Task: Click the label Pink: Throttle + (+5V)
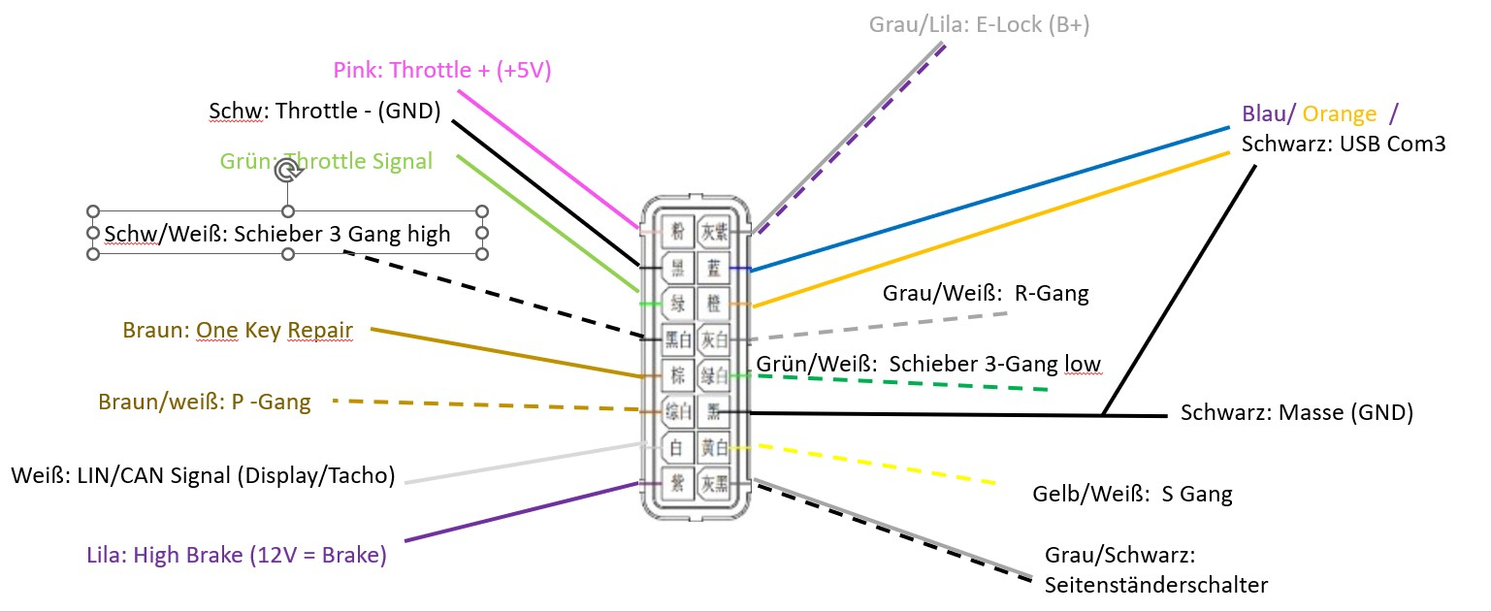[442, 70]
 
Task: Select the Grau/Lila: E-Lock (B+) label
[979, 25]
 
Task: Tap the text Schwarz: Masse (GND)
[1296, 412]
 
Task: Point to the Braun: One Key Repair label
[238, 331]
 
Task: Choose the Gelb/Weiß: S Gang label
[1132, 495]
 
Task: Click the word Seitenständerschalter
[1155, 585]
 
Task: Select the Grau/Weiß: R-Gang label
[986, 294]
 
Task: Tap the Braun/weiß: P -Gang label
[205, 402]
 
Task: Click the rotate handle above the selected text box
[287, 172]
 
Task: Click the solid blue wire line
[989, 198]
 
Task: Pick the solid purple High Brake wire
[524, 510]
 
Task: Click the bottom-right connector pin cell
[715, 484]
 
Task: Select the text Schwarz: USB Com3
[1344, 145]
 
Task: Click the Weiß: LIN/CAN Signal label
[203, 475]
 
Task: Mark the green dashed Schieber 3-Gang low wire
[902, 382]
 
